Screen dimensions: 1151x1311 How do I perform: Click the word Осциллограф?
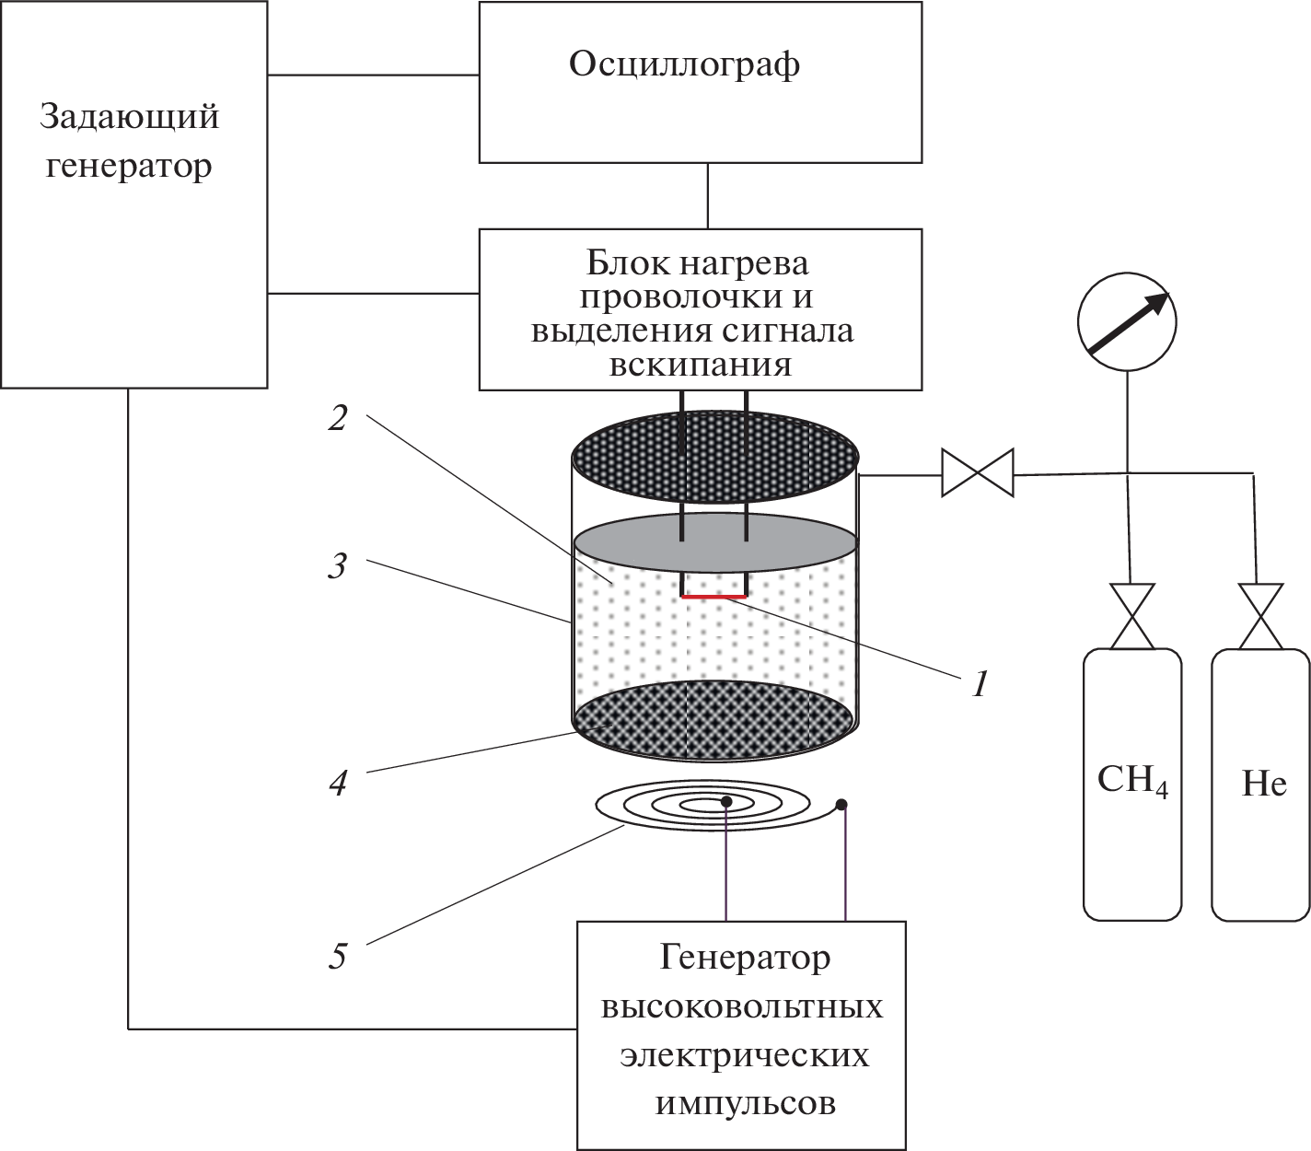click(683, 65)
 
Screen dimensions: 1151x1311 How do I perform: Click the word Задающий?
click(129, 118)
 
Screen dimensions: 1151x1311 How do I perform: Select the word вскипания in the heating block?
click(700, 365)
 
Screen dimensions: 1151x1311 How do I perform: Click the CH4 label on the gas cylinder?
click(1131, 782)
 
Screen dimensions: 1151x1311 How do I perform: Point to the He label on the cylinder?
click(1263, 784)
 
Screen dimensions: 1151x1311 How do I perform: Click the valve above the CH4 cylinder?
click(1131, 616)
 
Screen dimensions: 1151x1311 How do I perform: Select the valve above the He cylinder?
click(1260, 616)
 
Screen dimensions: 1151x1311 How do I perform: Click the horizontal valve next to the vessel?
click(977, 473)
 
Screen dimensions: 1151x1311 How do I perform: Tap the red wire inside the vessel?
click(714, 597)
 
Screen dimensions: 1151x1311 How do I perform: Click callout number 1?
click(980, 684)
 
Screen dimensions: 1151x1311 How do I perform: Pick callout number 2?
click(338, 419)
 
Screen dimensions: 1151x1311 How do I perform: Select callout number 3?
click(338, 564)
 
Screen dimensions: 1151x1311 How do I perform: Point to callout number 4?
click(338, 783)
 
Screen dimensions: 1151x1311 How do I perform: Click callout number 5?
click(338, 956)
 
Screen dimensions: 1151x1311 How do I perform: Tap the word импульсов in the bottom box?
click(745, 1103)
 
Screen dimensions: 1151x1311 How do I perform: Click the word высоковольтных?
click(742, 1006)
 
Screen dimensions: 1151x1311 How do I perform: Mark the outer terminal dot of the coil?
click(841, 805)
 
